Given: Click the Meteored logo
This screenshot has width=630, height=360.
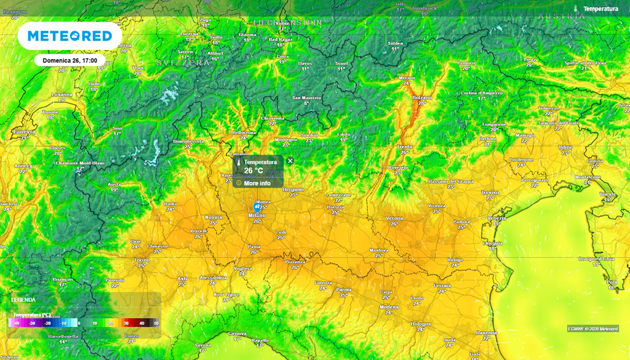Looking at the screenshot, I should click(70, 36).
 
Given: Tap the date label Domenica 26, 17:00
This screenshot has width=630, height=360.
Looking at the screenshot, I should click(70, 61).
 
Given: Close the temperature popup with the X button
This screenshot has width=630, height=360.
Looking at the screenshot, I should click(290, 161).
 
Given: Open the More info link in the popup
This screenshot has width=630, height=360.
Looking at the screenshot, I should click(257, 183).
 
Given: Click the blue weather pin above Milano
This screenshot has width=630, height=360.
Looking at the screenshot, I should click(258, 208).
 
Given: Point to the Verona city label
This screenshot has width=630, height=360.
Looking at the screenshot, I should click(394, 218).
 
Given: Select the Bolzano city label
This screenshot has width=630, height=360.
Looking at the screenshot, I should click(422, 98).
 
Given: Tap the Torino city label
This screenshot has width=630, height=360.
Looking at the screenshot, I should click(142, 260).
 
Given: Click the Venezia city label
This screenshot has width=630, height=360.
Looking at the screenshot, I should click(496, 218).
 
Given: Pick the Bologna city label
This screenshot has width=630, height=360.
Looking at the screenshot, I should click(421, 324).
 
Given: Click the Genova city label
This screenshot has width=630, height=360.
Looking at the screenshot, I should click(237, 334).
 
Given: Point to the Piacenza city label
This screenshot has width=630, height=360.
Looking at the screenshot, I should click(295, 262).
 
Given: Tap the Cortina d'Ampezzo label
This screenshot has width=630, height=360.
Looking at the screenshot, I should click(482, 94).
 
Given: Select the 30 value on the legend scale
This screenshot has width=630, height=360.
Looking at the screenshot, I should click(126, 322).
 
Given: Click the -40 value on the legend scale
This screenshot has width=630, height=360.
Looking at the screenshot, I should click(17, 322).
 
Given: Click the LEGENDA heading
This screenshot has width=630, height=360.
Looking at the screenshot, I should click(23, 300).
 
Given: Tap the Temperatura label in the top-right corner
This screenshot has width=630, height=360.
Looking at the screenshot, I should click(600, 9).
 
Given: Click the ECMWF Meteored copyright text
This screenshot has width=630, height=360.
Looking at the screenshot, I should click(593, 329).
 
